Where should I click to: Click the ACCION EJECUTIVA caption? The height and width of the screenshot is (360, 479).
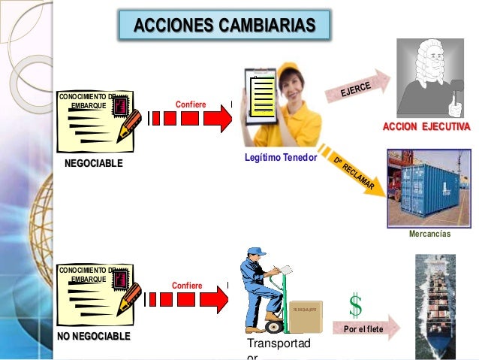426,127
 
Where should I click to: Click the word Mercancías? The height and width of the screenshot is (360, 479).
429,234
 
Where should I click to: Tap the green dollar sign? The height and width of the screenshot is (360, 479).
355,305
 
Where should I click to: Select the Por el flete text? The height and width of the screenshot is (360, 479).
363,329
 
